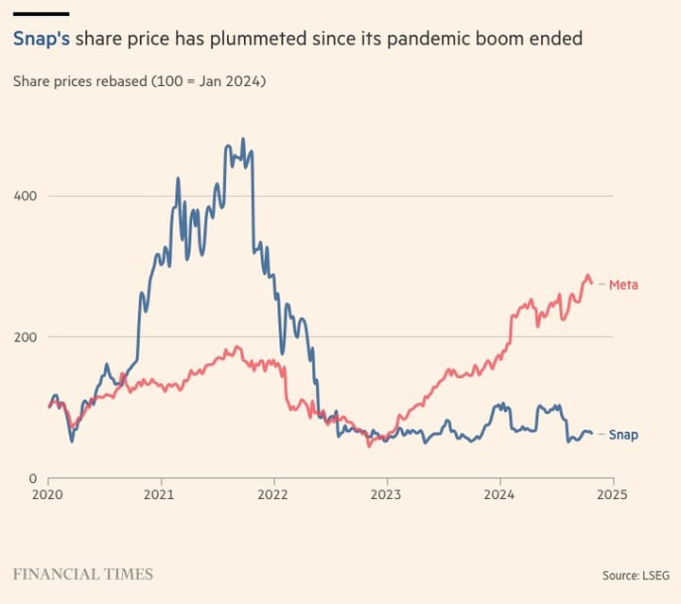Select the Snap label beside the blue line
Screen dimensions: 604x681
(x=623, y=435)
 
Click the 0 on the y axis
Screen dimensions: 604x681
(x=32, y=478)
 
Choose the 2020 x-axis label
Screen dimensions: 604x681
(x=47, y=494)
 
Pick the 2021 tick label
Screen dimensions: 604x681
(x=160, y=494)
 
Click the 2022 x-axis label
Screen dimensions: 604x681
(x=273, y=494)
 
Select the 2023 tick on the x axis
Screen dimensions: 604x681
(x=386, y=494)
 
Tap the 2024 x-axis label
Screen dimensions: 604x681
(x=499, y=494)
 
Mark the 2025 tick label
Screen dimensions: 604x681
(x=612, y=494)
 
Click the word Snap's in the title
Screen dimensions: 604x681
(x=41, y=39)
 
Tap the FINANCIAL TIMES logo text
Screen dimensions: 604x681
(x=82, y=574)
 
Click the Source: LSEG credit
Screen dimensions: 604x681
(x=635, y=575)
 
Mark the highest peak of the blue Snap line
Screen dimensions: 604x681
(x=243, y=139)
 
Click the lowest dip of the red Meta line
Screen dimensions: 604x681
(x=369, y=444)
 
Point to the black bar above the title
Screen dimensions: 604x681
(x=41, y=13)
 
